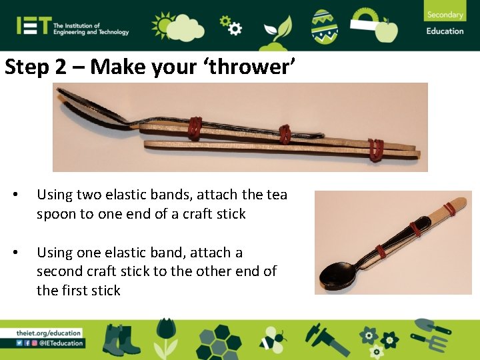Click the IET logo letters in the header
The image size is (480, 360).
point(33,26)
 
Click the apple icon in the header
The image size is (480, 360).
point(387,30)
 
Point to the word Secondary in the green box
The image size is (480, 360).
point(445,15)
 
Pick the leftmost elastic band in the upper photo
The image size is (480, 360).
point(195,129)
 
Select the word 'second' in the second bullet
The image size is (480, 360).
point(59,272)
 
